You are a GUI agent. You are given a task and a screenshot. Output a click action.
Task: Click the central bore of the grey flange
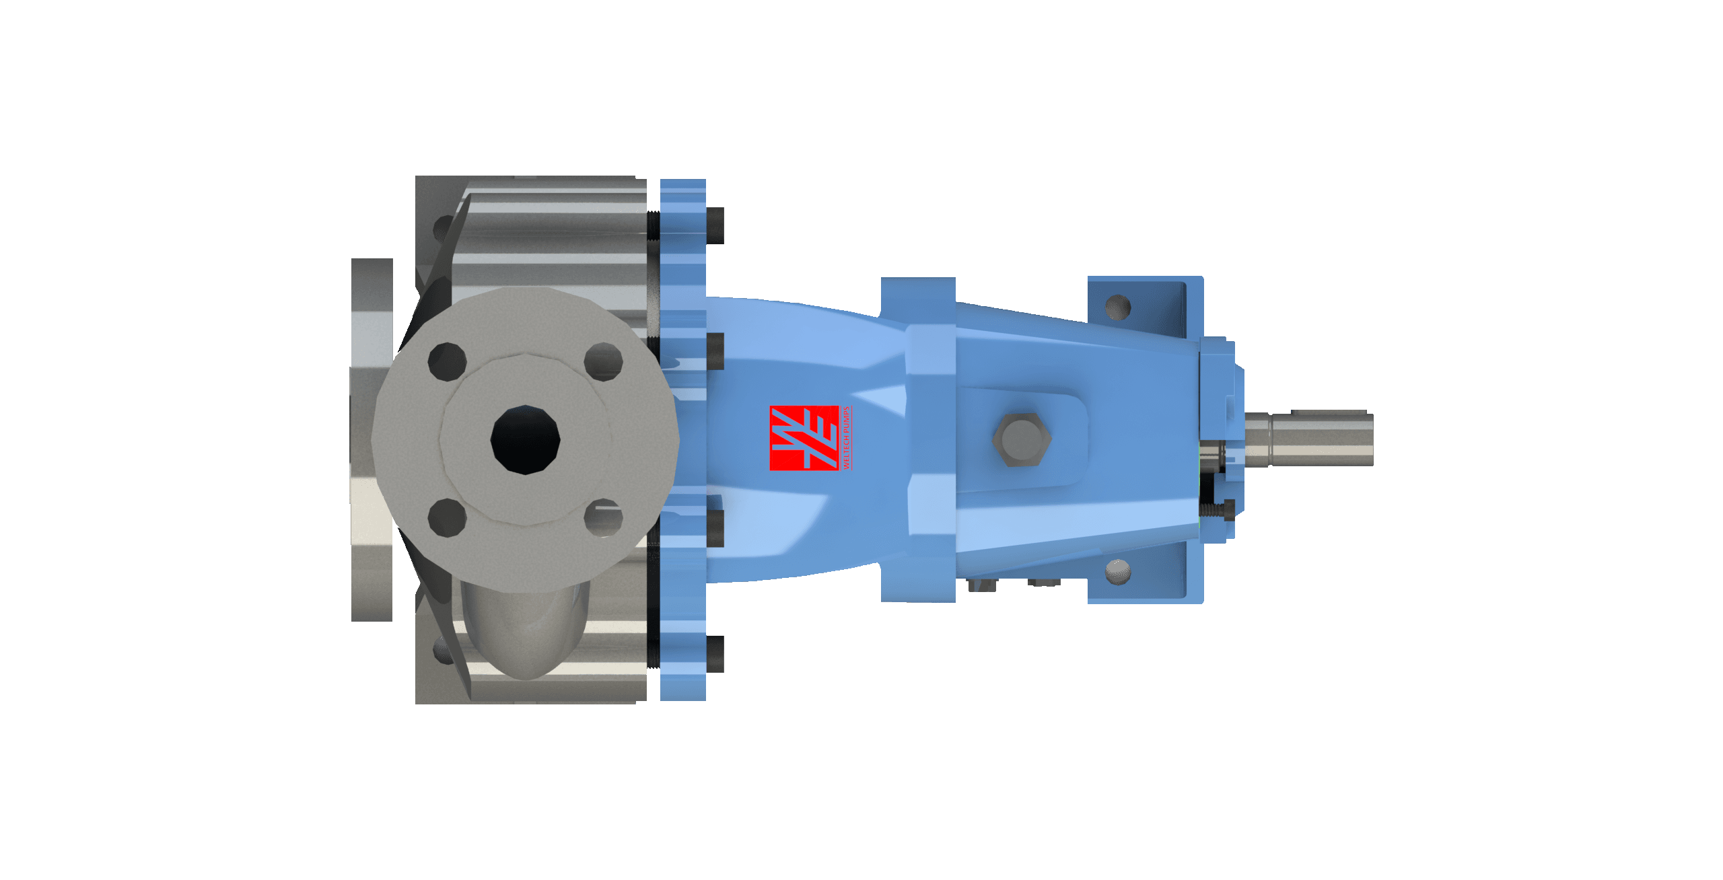tap(526, 440)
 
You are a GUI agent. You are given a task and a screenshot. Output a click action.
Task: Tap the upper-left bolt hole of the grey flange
tap(447, 361)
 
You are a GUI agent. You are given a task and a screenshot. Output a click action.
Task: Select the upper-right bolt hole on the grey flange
tap(604, 362)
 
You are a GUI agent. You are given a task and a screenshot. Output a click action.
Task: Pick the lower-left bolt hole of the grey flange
tap(447, 518)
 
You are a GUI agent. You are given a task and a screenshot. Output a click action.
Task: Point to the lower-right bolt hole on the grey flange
tap(604, 519)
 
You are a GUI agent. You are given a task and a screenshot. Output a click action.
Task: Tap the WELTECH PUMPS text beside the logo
tap(846, 438)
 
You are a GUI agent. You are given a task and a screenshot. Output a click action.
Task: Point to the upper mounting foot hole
tap(1118, 307)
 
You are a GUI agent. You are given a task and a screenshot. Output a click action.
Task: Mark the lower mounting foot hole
tap(1118, 573)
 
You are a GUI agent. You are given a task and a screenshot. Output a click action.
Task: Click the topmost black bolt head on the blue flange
tap(716, 225)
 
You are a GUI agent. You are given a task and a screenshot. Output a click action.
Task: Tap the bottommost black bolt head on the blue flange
tap(716, 654)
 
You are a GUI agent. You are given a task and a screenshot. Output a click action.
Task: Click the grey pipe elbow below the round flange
tap(525, 632)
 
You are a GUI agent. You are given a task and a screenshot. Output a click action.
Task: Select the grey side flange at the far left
tap(372, 439)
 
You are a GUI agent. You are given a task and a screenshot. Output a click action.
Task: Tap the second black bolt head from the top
tap(716, 351)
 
